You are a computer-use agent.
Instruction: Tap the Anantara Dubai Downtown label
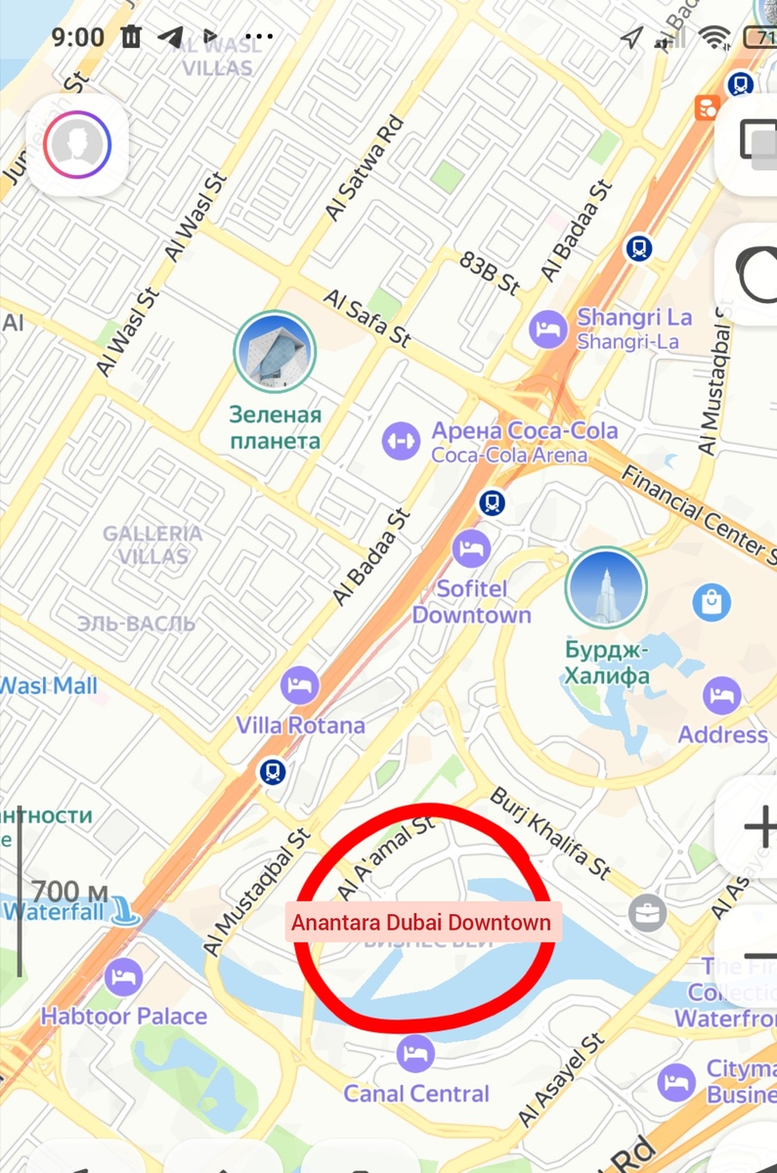pyautogui.click(x=421, y=923)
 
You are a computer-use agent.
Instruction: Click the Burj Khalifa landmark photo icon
pyautogui.click(x=606, y=587)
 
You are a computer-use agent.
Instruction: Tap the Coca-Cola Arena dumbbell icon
pyautogui.click(x=401, y=441)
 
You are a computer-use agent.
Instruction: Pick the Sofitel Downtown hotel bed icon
pyautogui.click(x=472, y=547)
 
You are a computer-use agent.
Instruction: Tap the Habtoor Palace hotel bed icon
pyautogui.click(x=123, y=977)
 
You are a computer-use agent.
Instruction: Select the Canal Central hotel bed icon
pyautogui.click(x=416, y=1053)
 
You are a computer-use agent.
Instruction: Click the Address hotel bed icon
pyautogui.click(x=722, y=696)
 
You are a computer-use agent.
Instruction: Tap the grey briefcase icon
pyautogui.click(x=646, y=913)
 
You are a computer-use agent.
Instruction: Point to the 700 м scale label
pyautogui.click(x=68, y=891)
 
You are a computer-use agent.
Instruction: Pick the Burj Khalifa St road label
pyautogui.click(x=549, y=832)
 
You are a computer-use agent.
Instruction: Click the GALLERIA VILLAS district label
pyautogui.click(x=152, y=544)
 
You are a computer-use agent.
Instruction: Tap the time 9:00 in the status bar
pyautogui.click(x=77, y=37)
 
